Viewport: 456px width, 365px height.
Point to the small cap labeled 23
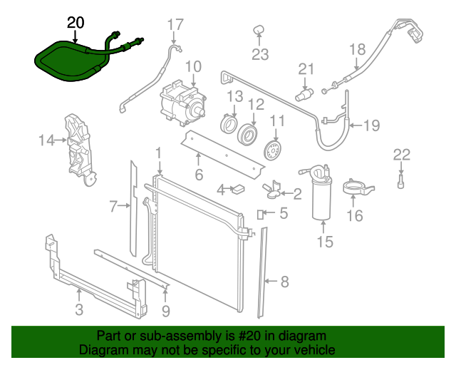click(259, 29)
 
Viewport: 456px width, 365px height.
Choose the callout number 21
click(306, 68)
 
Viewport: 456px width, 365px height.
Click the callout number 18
click(357, 49)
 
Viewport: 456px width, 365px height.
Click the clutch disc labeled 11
click(274, 150)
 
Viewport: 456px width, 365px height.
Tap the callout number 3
click(78, 309)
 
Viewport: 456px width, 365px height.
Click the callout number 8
click(284, 282)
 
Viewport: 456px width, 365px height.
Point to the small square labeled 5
click(261, 213)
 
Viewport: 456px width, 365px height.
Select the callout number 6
click(199, 175)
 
